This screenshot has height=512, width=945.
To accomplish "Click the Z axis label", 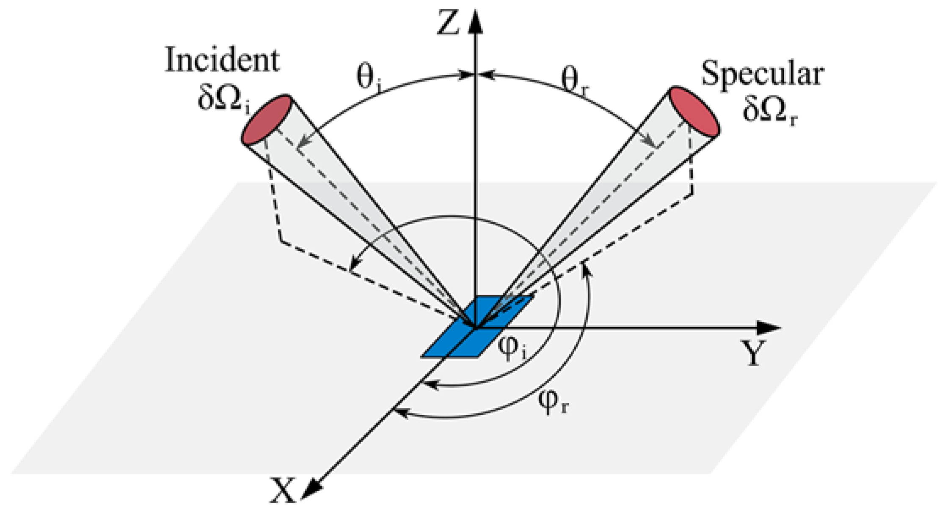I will click(x=448, y=23).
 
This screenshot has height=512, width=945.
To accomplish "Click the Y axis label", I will click(x=753, y=352).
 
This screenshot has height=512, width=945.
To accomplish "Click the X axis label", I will click(x=283, y=490).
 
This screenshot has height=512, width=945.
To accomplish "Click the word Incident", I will click(x=222, y=60).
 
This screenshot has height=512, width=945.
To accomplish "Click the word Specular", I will click(x=762, y=74).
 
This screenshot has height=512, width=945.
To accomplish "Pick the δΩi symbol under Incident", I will click(x=224, y=100).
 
